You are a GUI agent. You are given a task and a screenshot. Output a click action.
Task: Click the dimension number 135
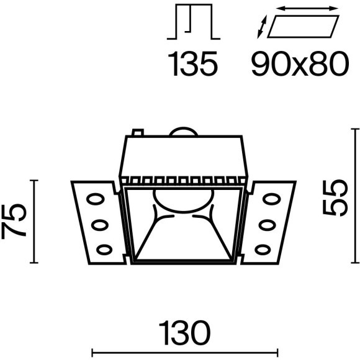[x=192, y=63]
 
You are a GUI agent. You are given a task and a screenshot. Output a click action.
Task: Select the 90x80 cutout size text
[x=300, y=63]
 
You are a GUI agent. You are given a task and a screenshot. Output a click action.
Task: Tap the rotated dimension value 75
[x=14, y=222]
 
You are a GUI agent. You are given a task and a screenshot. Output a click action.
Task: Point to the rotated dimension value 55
[x=335, y=198]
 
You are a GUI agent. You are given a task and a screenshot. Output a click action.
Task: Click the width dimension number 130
[x=185, y=333]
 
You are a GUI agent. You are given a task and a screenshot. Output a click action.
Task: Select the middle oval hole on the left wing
[x=100, y=225]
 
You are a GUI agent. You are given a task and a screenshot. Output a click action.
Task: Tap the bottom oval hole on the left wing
[x=104, y=250]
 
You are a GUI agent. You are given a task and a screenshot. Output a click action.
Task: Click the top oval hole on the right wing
[x=272, y=199]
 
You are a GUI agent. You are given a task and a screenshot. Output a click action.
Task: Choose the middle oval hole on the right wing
[x=268, y=225]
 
